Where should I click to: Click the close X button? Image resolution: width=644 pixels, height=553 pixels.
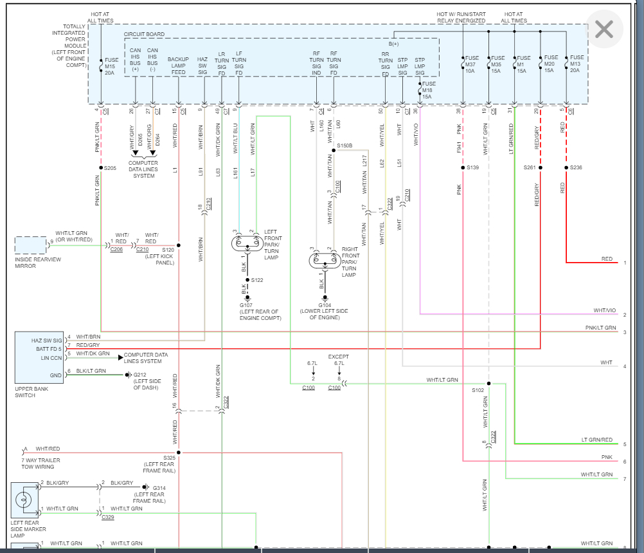pos(604,29)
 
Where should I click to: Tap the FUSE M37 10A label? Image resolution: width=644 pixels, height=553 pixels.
pos(470,65)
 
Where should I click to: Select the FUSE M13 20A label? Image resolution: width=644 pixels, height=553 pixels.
pos(577,65)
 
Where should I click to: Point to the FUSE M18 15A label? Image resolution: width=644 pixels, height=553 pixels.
pos(429,89)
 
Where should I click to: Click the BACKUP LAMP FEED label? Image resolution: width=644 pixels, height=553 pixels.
pos(178,66)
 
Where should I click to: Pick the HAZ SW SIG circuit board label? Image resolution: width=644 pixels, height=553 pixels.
pos(202,66)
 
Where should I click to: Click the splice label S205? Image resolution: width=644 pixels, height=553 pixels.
pos(110,168)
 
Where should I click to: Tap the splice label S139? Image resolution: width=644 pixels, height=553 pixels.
pos(472,168)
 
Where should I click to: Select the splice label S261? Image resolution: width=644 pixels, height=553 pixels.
pos(529,168)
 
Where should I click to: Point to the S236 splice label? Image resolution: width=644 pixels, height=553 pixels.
pos(577,168)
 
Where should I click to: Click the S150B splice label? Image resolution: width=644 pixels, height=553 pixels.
pos(345,146)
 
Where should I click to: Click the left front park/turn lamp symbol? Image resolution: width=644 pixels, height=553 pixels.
pos(247,243)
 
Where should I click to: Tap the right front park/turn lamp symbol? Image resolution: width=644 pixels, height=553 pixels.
pos(325,261)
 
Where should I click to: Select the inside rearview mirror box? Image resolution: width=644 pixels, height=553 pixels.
pos(31,245)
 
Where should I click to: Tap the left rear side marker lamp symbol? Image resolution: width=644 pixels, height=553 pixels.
pos(24,500)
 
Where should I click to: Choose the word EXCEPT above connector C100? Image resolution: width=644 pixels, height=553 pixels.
pos(339,356)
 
